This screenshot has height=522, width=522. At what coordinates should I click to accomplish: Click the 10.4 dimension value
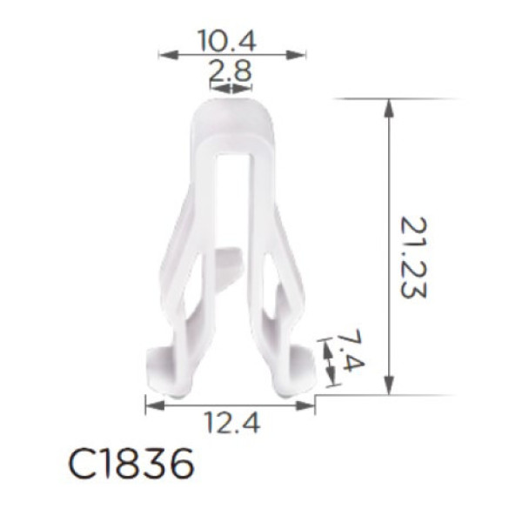[x=227, y=40]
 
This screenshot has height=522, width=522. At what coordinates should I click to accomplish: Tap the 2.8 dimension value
[x=230, y=70]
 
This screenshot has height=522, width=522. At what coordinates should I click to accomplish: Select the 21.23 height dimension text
[x=412, y=258]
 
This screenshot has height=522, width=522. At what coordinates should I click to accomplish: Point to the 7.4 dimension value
[x=349, y=351]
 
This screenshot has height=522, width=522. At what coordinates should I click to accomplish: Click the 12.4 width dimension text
[x=232, y=422]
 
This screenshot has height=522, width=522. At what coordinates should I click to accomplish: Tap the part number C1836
[x=130, y=463]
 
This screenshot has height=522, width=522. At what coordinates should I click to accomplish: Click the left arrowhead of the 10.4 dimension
[x=168, y=55]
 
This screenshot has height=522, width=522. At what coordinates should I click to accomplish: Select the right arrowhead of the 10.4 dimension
[x=296, y=55]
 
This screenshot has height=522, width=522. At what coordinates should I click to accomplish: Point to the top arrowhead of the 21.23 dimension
[x=389, y=108]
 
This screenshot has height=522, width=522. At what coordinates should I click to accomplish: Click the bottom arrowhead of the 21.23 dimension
[x=389, y=386]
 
